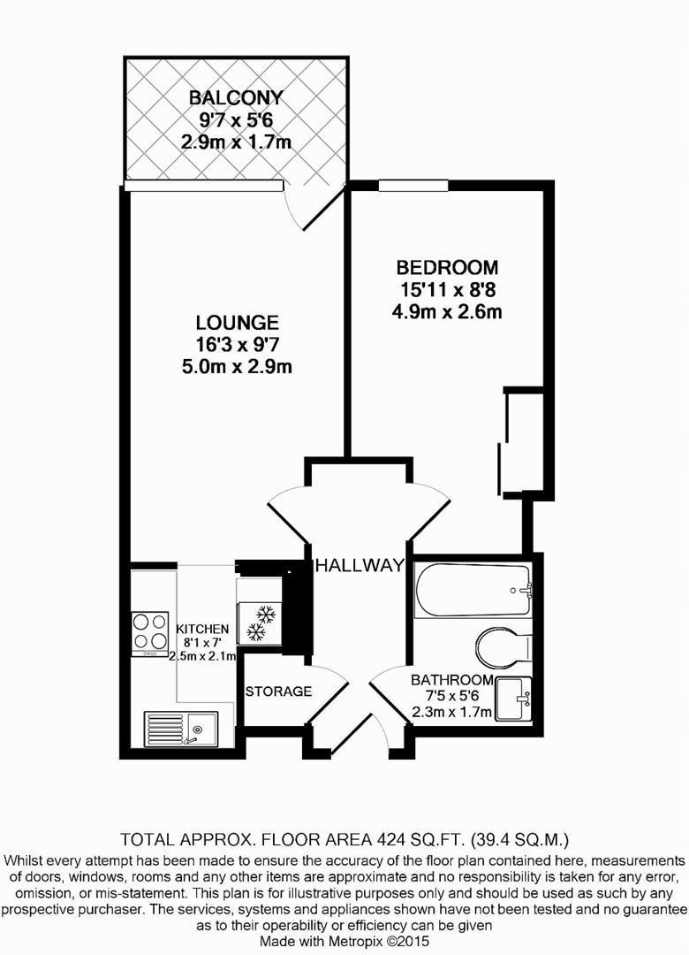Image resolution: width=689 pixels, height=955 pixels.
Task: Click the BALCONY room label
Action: [x=236, y=97]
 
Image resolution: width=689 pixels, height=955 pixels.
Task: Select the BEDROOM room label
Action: [x=447, y=267]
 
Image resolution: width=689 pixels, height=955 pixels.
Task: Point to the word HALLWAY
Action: [x=360, y=565]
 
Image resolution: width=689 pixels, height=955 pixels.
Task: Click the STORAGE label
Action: [x=278, y=691]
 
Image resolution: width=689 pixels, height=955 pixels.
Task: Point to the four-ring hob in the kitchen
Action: [x=150, y=633]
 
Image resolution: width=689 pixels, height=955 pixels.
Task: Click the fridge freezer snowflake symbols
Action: [x=261, y=622]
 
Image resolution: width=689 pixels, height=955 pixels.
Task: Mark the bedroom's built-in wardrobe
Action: [x=521, y=443]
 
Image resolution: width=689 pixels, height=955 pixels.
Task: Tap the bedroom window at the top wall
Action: [x=413, y=185]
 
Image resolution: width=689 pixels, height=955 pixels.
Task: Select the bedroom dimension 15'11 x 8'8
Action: [x=447, y=289]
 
